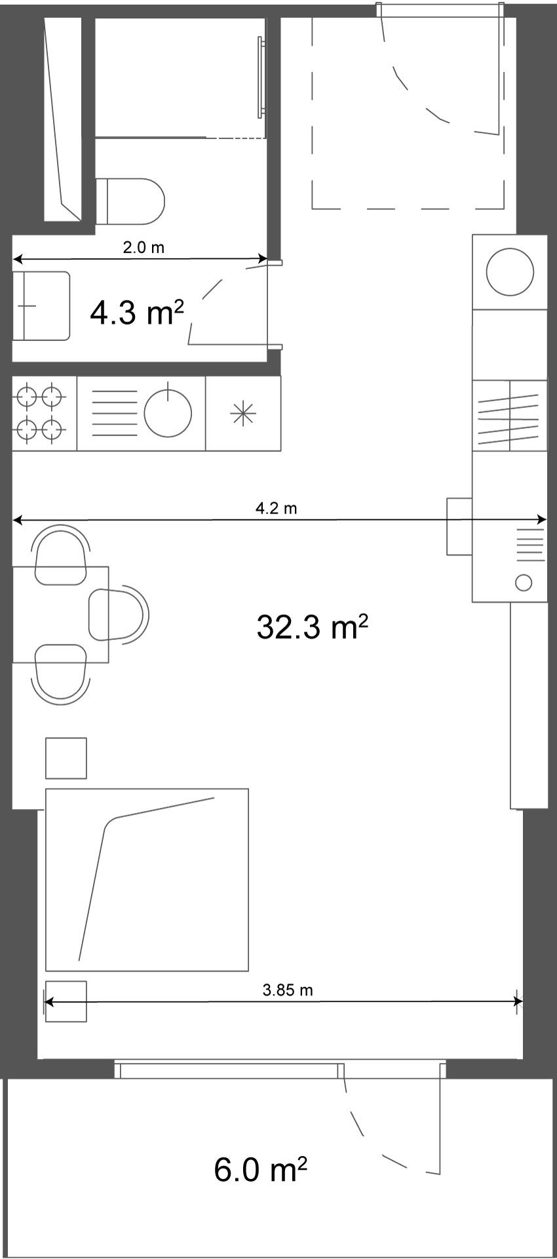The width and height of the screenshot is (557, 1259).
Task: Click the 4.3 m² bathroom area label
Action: [x=136, y=313]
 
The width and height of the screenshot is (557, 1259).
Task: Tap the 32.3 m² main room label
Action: [x=312, y=627]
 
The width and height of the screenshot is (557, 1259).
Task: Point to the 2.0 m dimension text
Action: [x=144, y=248]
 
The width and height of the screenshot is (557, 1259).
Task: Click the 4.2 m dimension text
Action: [x=276, y=508]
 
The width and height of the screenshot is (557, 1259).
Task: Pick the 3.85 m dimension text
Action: [x=288, y=990]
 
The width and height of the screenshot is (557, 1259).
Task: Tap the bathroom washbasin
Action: [x=41, y=306]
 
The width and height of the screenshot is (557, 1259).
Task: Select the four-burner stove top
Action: [x=39, y=413]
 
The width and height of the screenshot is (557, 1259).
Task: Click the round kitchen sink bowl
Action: [x=168, y=413]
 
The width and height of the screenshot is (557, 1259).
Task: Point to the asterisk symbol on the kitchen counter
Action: [x=242, y=414]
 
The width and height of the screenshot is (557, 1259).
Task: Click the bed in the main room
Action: [x=147, y=879]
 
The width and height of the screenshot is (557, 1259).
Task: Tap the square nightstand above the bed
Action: [x=66, y=758]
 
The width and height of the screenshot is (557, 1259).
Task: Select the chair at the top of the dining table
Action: [x=61, y=555]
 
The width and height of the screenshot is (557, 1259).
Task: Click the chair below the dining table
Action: [x=61, y=674]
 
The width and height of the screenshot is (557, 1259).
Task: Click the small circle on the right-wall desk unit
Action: [x=524, y=582]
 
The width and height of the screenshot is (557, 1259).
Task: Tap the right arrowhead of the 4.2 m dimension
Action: [x=542, y=520]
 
